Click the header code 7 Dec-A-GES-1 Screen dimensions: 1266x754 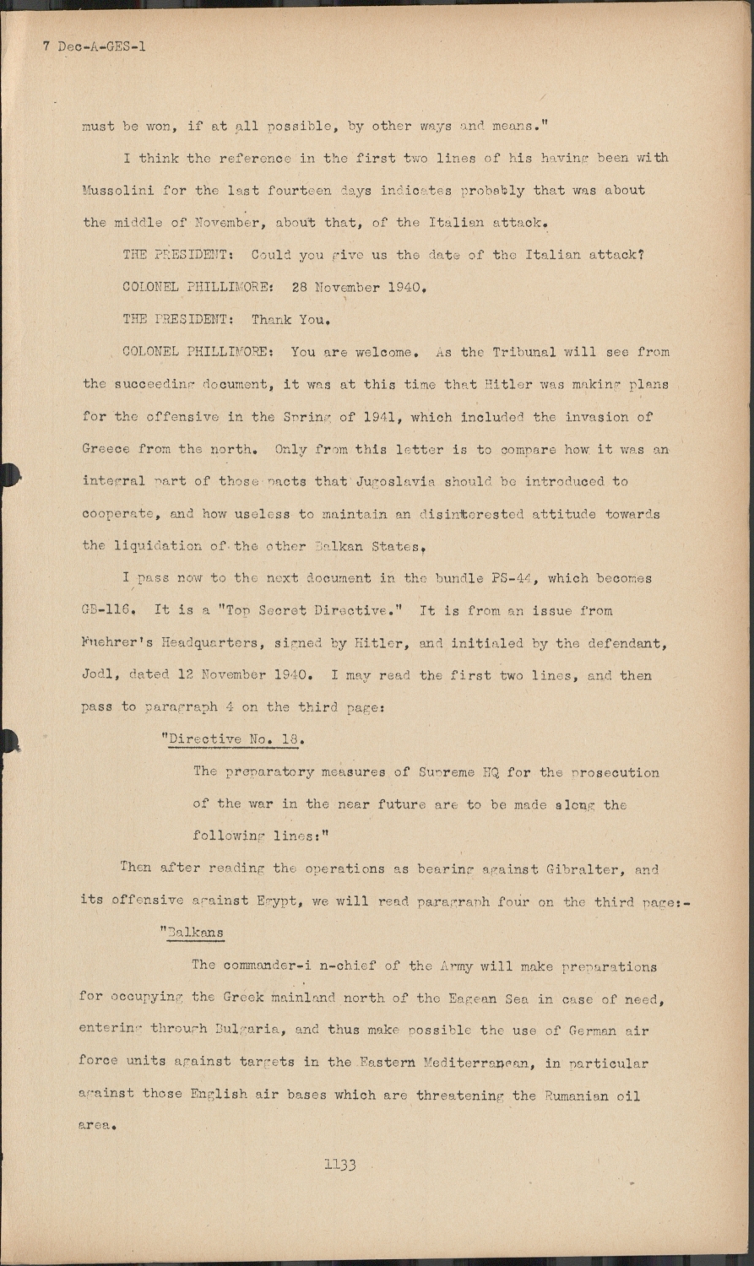click(95, 46)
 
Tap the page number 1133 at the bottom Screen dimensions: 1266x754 click(340, 1165)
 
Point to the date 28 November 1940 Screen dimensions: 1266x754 click(355, 287)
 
